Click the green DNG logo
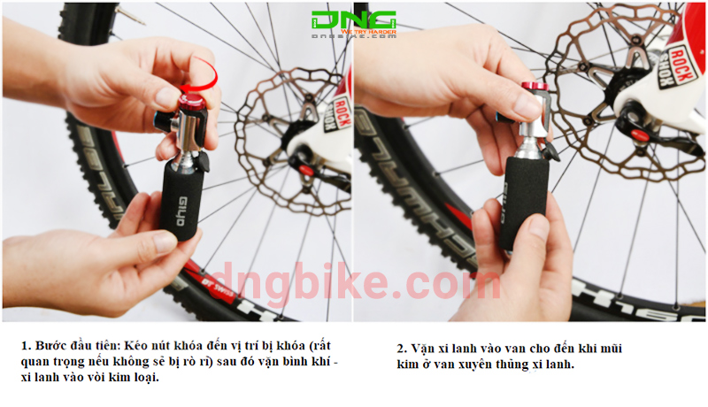pos(353,19)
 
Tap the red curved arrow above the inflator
pos(204,70)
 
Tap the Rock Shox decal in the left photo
pos(337,116)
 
